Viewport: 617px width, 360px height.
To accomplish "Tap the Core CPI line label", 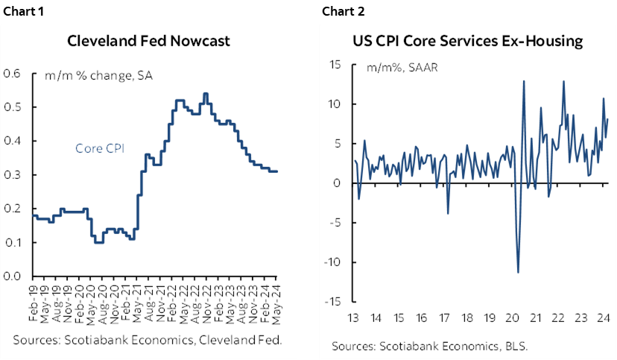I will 100,148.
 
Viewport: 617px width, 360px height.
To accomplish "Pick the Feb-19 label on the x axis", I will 34,303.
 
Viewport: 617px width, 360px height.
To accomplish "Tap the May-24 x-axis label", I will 276,303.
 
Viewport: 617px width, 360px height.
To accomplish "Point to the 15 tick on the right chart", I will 335,65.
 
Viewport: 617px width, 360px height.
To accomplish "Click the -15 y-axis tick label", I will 332,302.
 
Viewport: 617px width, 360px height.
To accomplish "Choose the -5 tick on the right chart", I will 335,223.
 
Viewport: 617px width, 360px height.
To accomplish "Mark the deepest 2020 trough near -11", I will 518,272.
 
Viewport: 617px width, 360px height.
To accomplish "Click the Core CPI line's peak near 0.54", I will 205,94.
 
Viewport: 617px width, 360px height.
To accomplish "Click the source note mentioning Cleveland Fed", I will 146,340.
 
